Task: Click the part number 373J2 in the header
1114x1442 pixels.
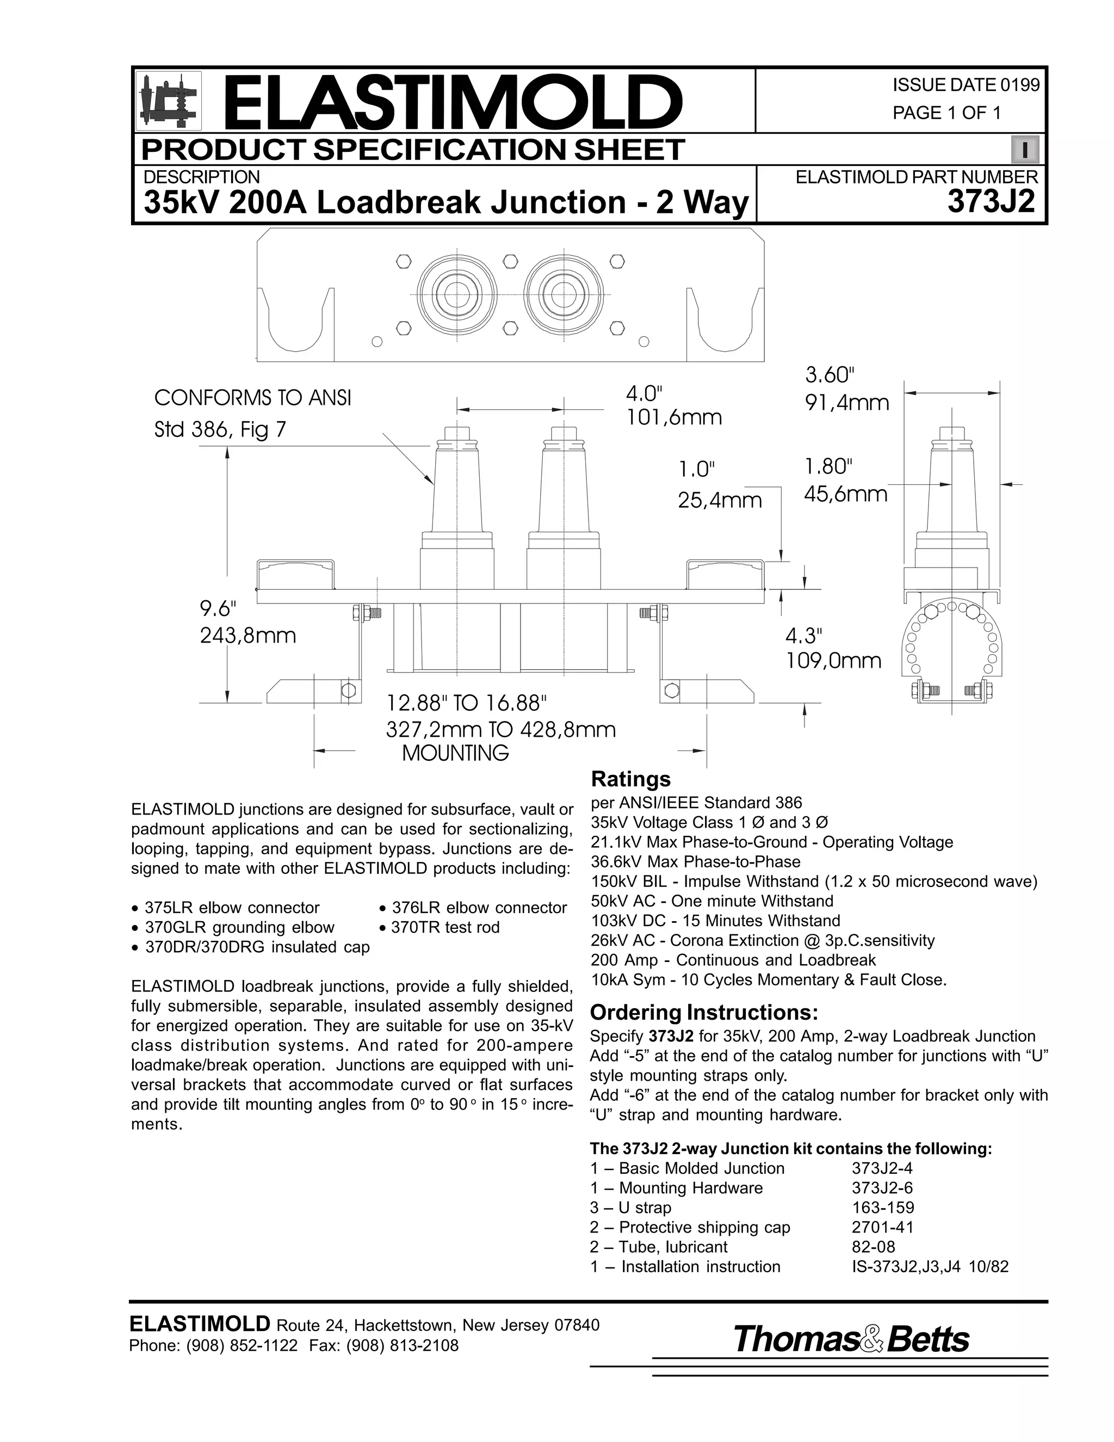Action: click(991, 201)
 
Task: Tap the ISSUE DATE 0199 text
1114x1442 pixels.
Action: click(966, 85)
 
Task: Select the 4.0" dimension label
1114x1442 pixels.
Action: click(643, 394)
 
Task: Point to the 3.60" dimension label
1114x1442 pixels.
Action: click(830, 375)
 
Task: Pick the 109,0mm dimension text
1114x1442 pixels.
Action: click(833, 661)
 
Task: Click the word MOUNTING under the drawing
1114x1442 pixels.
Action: click(455, 753)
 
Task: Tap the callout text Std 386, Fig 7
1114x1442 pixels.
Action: click(220, 430)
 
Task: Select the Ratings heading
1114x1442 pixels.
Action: click(631, 779)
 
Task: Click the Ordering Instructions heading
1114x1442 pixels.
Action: click(703, 1012)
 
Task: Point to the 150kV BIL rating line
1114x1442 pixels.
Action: click(814, 882)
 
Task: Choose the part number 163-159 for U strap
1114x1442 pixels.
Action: click(883, 1207)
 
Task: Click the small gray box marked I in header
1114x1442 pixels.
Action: click(1025, 150)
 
